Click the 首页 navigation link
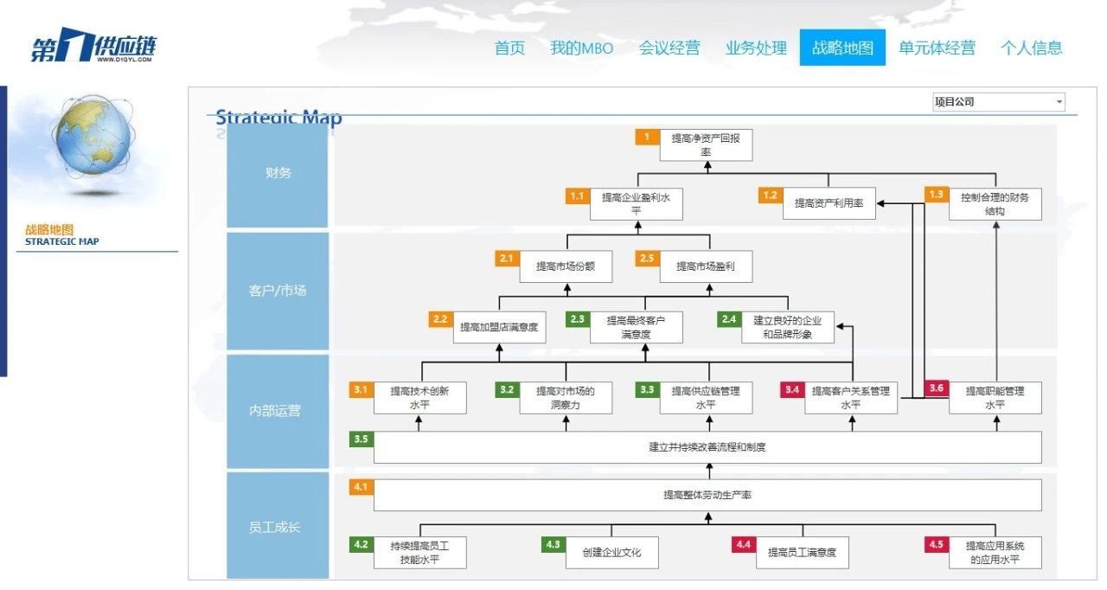click(509, 48)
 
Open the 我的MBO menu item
click(581, 48)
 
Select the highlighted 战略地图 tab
click(842, 48)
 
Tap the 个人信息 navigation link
click(1031, 48)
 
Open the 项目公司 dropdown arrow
click(1059, 102)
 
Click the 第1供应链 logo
click(93, 48)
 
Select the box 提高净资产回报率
click(707, 144)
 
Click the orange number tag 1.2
click(770, 196)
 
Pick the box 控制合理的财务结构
click(995, 204)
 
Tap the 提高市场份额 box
click(566, 266)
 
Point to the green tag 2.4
click(729, 319)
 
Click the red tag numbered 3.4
click(791, 390)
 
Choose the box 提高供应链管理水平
click(706, 397)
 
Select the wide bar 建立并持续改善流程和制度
click(707, 447)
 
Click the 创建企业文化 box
click(612, 552)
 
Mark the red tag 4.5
click(936, 545)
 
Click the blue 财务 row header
click(278, 173)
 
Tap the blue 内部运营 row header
click(278, 411)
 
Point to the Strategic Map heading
click(278, 118)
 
